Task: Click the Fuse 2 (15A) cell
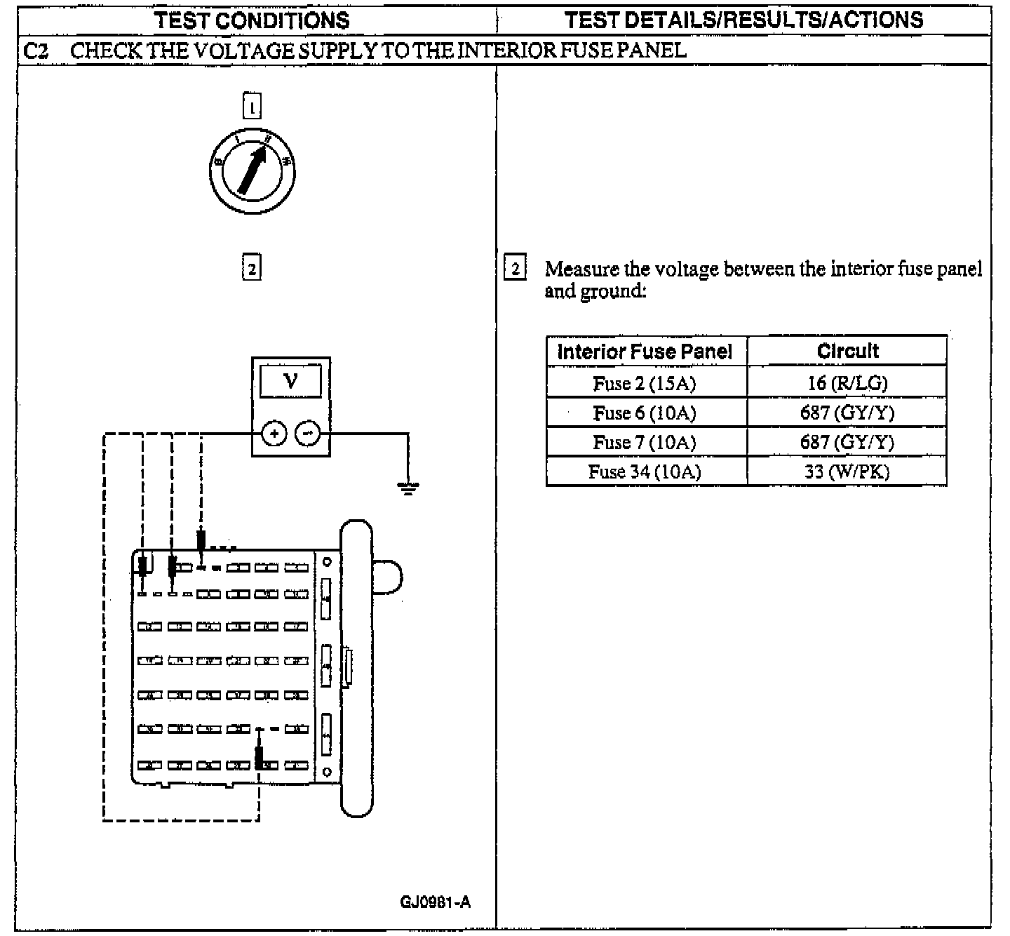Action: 645,383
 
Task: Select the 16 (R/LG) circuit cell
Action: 847,383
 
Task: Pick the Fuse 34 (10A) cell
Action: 645,472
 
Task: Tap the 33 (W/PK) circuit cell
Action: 847,472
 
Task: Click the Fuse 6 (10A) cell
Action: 645,413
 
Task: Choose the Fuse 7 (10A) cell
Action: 645,442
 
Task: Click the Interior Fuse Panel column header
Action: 645,351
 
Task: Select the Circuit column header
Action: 847,351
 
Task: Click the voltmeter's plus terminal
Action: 274,434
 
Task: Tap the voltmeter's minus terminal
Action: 307,434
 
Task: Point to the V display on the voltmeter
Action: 290,381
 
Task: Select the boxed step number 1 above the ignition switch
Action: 252,107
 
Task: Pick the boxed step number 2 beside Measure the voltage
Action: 515,269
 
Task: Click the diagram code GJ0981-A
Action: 435,902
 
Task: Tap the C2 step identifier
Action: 35,51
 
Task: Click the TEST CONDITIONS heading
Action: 252,20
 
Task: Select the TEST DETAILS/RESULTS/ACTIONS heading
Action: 743,20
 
